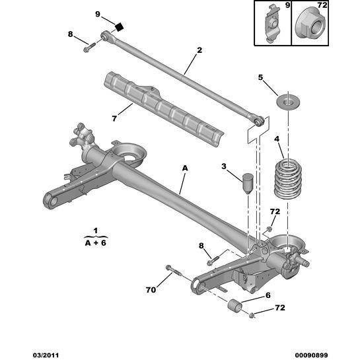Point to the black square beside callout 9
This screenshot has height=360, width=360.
click(x=120, y=27)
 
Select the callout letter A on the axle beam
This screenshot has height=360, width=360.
click(x=184, y=170)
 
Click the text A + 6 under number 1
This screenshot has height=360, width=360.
click(x=95, y=242)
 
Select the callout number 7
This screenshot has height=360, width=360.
click(x=114, y=119)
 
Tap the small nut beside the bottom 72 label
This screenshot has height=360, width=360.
click(x=252, y=315)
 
